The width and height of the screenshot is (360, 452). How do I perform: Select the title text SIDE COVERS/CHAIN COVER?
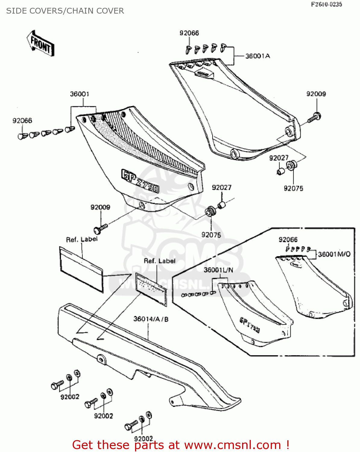coord(65,11)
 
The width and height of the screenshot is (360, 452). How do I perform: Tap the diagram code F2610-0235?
coord(327,4)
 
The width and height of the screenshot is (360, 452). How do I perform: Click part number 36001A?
coord(257,56)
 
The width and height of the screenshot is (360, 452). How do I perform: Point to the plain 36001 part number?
coord(80,94)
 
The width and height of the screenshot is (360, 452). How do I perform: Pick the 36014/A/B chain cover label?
coord(151,319)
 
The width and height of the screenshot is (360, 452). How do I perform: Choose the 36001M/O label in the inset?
coord(334,254)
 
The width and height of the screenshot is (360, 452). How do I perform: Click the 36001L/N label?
coord(218,270)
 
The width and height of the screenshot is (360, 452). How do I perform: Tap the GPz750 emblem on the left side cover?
coord(140,181)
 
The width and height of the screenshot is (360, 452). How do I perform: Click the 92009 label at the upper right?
coord(316,94)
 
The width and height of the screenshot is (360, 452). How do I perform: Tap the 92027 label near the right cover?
coord(279,158)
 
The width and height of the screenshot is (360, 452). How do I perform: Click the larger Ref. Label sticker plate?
coord(81,269)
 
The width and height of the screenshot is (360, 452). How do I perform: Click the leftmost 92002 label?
coord(70,397)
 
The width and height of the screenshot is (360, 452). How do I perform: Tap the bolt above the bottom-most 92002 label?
coord(131,425)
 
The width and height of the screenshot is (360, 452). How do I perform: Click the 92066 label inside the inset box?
coord(288,240)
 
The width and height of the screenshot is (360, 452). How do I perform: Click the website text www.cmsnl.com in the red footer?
coord(232,445)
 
